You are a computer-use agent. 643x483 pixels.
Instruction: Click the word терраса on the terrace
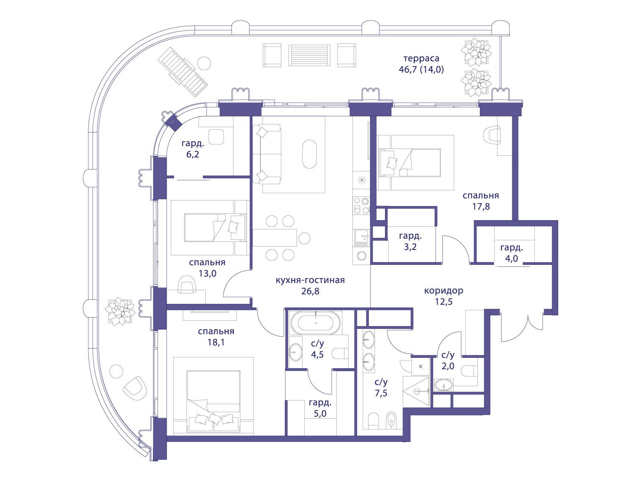[x=421, y=59]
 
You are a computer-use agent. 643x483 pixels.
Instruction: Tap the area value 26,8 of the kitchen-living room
[x=310, y=291]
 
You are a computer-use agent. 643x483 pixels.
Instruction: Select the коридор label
[x=444, y=291]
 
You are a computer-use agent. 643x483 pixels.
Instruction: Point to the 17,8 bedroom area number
[x=481, y=206]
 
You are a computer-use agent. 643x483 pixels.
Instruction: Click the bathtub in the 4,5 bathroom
[x=315, y=322]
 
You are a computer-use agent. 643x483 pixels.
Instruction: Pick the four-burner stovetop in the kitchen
[x=361, y=206]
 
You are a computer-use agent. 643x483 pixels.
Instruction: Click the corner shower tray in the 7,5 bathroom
[x=416, y=391]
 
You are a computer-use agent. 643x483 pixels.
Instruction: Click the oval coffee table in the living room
[x=309, y=154]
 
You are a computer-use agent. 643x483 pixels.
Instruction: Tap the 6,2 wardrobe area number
[x=192, y=154]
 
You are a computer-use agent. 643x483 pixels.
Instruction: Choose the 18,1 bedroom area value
[x=216, y=342]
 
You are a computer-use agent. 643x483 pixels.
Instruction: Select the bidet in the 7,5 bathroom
[x=391, y=420]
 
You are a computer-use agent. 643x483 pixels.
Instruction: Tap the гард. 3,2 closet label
[x=410, y=242]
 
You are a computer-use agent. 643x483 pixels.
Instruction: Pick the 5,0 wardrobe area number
[x=320, y=414]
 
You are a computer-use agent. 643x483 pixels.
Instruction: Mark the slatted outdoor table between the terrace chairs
[x=309, y=56]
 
